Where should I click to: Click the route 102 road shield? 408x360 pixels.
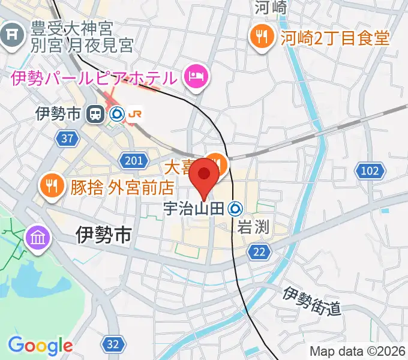(x=370, y=172)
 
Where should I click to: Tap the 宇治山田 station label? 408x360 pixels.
(x=194, y=209)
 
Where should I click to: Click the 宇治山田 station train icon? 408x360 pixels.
(x=236, y=209)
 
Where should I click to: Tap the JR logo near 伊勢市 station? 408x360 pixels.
(x=135, y=113)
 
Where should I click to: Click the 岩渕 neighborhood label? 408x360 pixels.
(x=252, y=227)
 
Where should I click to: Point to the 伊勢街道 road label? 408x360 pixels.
(x=312, y=302)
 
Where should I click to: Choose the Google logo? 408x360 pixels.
(x=40, y=346)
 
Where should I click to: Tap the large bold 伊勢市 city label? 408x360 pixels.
(x=104, y=235)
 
